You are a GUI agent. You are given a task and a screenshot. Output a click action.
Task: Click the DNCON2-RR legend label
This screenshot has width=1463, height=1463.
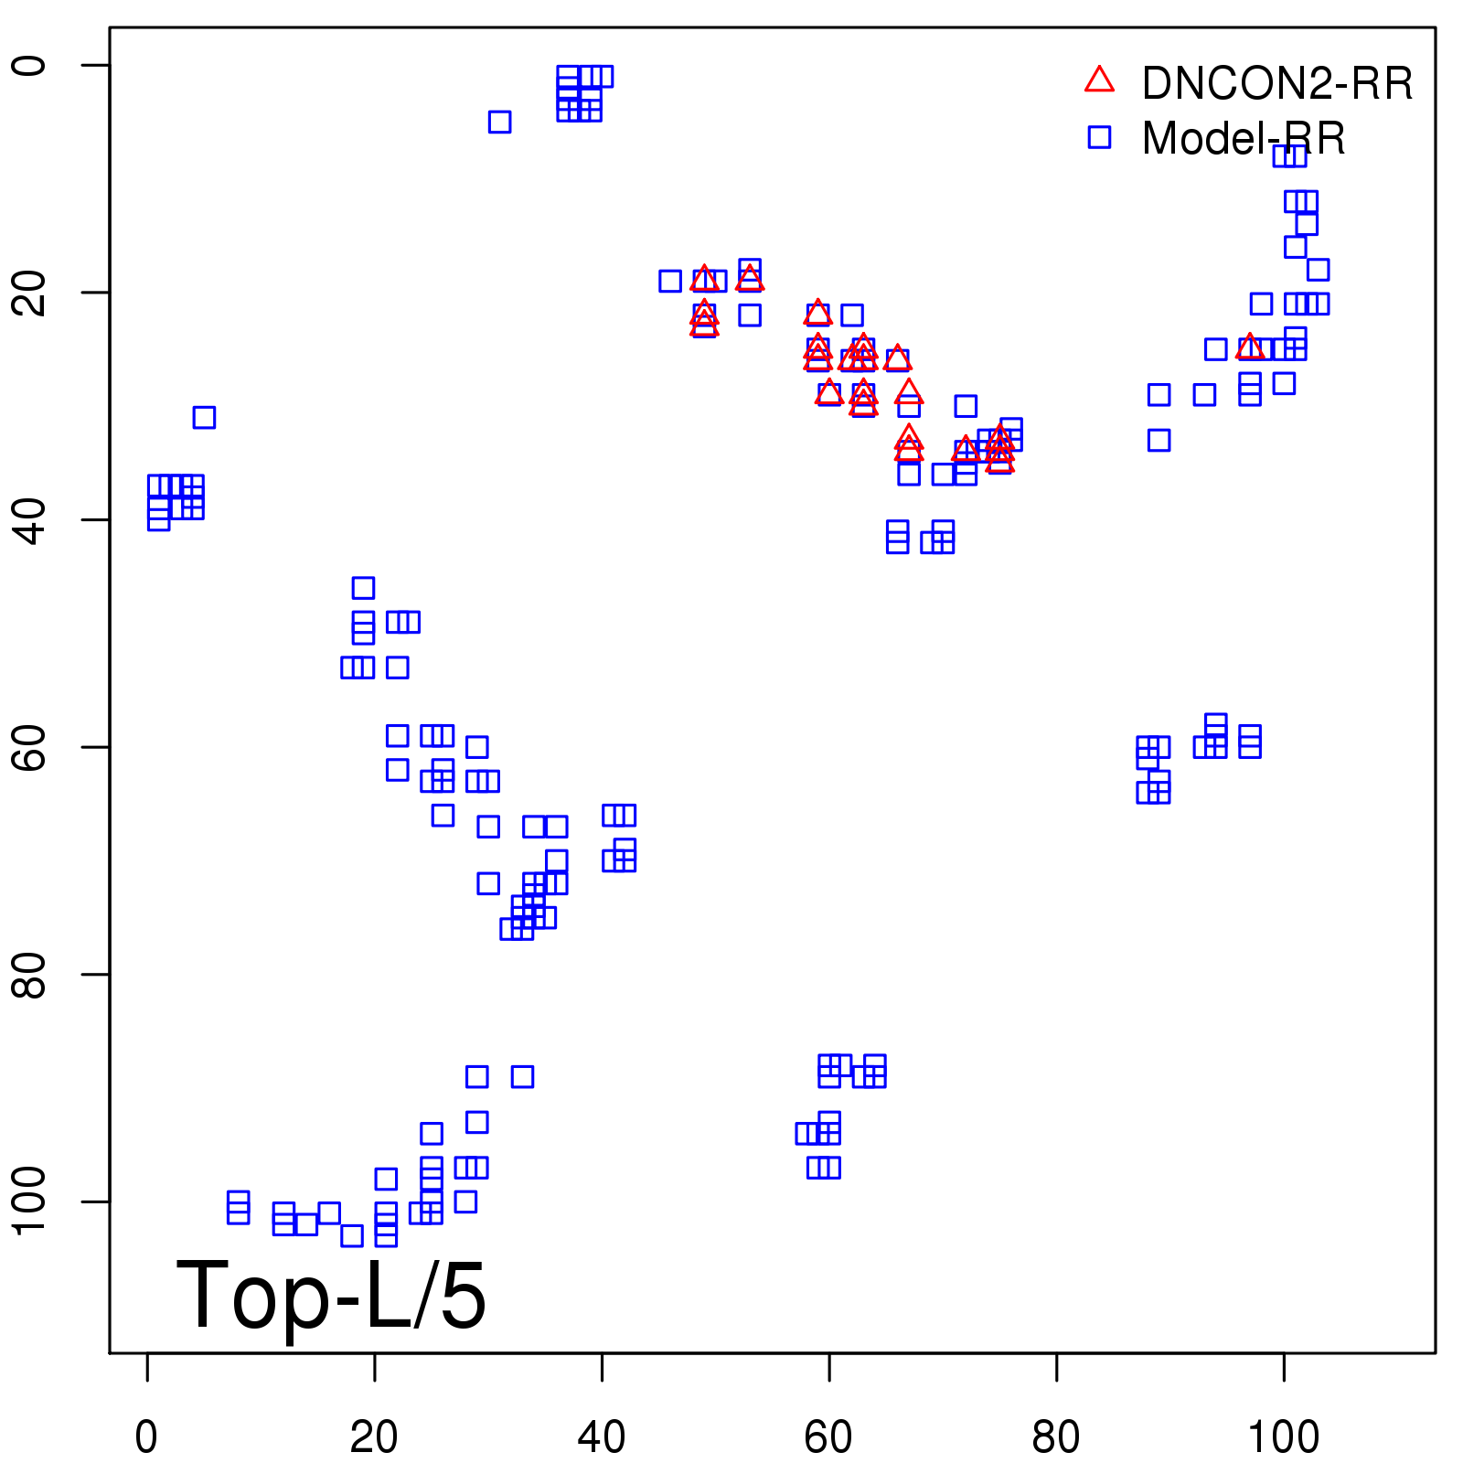1276,84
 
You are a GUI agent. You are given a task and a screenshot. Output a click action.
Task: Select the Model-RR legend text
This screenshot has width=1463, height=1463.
1243,139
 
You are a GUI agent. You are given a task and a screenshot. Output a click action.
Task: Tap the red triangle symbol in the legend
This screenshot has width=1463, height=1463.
1099,80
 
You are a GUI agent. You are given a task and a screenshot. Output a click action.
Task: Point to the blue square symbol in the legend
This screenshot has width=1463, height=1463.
1099,137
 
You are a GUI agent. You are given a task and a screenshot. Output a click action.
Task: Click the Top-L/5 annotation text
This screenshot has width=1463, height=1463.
331,1296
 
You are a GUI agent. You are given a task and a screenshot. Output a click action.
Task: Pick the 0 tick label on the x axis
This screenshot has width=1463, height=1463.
146,1437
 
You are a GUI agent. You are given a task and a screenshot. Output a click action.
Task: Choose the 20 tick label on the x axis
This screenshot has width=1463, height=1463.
374,1437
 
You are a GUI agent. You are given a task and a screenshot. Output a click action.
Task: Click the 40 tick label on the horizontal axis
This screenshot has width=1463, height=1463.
602,1437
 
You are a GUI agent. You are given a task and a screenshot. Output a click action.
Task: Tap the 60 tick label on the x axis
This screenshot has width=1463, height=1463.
828,1437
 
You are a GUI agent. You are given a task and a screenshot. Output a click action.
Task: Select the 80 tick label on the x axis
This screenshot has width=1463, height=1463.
1056,1437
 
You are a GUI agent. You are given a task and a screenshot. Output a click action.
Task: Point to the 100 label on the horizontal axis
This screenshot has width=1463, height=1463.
1283,1437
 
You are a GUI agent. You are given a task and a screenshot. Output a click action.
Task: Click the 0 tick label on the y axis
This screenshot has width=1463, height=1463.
29,66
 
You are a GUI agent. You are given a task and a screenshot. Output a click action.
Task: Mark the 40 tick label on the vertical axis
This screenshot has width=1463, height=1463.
29,520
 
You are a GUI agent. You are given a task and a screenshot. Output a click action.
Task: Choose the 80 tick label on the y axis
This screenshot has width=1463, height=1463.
29,975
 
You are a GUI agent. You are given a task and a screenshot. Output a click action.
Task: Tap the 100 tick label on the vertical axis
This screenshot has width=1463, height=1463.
29,1201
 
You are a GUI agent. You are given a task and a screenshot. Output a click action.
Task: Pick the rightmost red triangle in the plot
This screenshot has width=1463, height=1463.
1250,347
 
